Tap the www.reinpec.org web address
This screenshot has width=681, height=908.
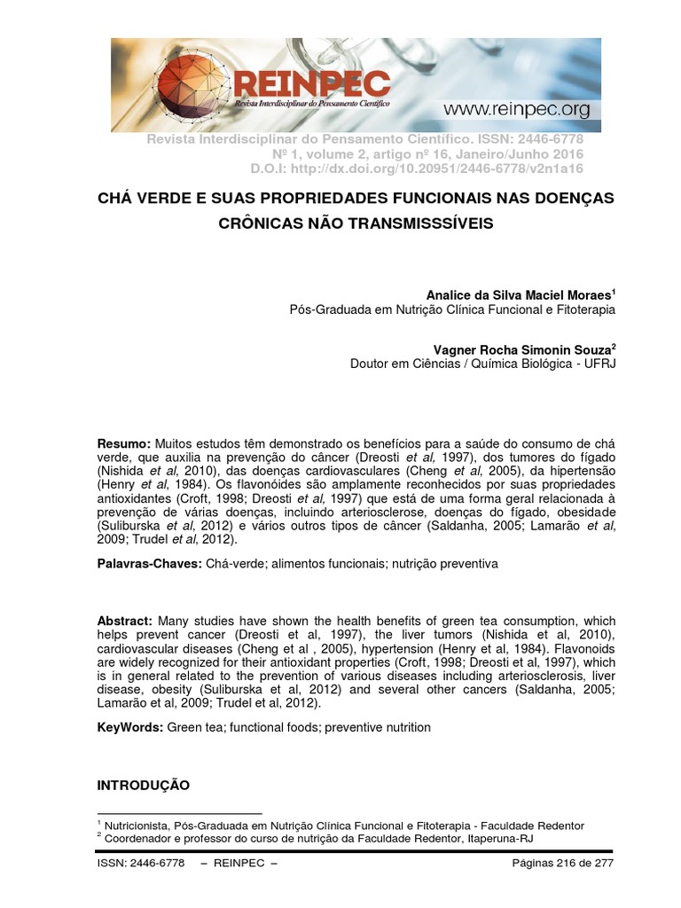516,109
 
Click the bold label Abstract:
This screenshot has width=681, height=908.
124,622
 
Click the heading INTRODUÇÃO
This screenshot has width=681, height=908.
143,785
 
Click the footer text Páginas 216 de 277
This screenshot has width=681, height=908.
564,863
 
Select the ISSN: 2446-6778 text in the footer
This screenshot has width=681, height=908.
141,863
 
